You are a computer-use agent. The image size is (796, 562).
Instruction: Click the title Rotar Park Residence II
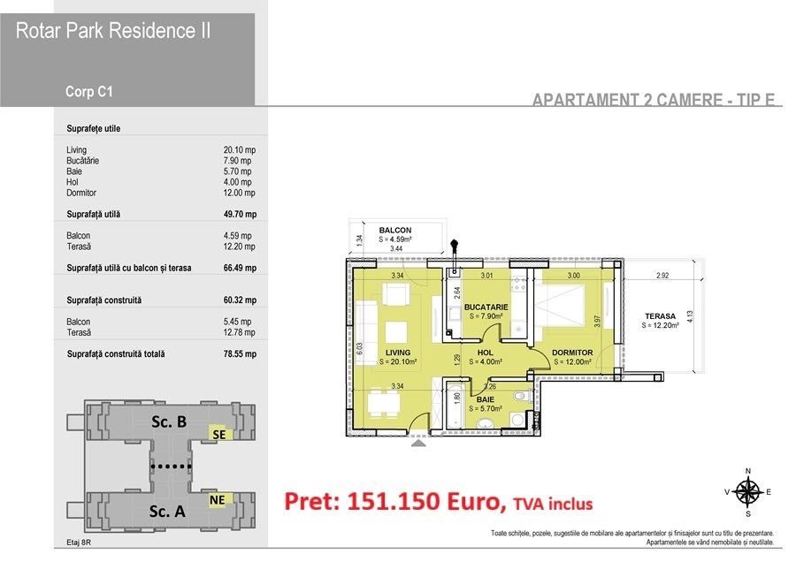click(x=113, y=31)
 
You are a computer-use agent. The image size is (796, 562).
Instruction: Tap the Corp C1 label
click(x=88, y=90)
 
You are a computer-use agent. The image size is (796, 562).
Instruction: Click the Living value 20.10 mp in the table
click(x=240, y=150)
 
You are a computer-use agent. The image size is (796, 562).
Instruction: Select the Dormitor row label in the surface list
click(x=81, y=193)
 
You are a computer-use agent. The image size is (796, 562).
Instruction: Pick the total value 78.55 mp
click(x=240, y=354)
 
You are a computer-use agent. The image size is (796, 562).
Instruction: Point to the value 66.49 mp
click(x=240, y=268)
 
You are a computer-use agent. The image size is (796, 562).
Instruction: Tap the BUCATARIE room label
click(x=484, y=308)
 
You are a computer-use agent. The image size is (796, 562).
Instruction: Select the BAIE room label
click(x=485, y=399)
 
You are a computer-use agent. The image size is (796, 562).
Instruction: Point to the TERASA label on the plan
click(x=660, y=315)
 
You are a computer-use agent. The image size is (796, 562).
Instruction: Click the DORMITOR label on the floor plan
click(x=572, y=352)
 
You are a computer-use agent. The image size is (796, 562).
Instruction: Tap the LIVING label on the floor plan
click(x=397, y=352)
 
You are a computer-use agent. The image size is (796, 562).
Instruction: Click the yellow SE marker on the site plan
click(x=218, y=434)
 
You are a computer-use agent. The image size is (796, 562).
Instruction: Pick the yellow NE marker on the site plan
click(x=217, y=499)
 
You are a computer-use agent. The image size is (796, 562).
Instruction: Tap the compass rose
click(x=748, y=491)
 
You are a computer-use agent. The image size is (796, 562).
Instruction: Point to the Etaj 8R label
click(x=79, y=543)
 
